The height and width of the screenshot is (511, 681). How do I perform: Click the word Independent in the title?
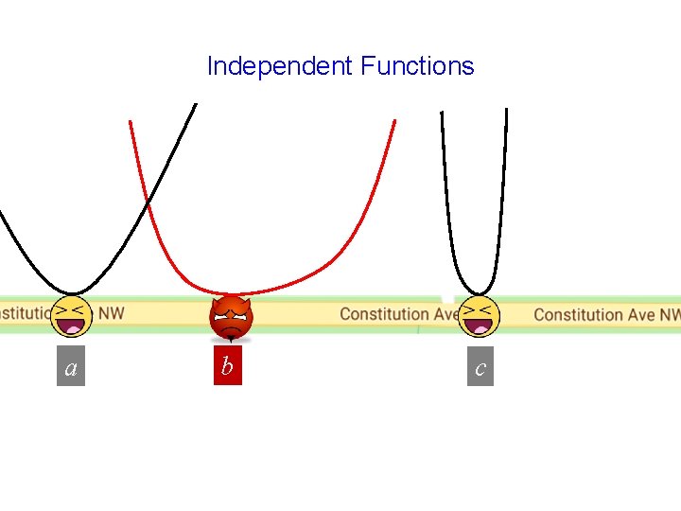point(280,66)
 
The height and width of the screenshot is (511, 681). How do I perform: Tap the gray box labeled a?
point(71,367)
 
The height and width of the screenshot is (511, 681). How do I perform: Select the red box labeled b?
point(227,366)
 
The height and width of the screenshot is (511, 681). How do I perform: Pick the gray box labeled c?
point(480,367)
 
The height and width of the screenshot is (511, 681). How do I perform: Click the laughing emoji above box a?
point(72,315)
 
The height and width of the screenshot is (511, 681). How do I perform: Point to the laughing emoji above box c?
point(479,315)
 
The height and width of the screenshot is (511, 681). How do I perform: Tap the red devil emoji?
point(231,318)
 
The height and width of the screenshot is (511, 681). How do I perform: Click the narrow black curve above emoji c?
point(446,208)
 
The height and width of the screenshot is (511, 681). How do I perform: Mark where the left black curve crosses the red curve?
point(147,203)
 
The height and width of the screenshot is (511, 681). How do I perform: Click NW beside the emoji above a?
point(112,312)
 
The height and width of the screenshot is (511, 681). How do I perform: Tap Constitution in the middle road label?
point(384,313)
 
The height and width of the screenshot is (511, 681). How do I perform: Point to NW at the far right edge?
point(670,314)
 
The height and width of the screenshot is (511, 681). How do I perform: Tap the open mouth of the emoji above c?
point(480,326)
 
